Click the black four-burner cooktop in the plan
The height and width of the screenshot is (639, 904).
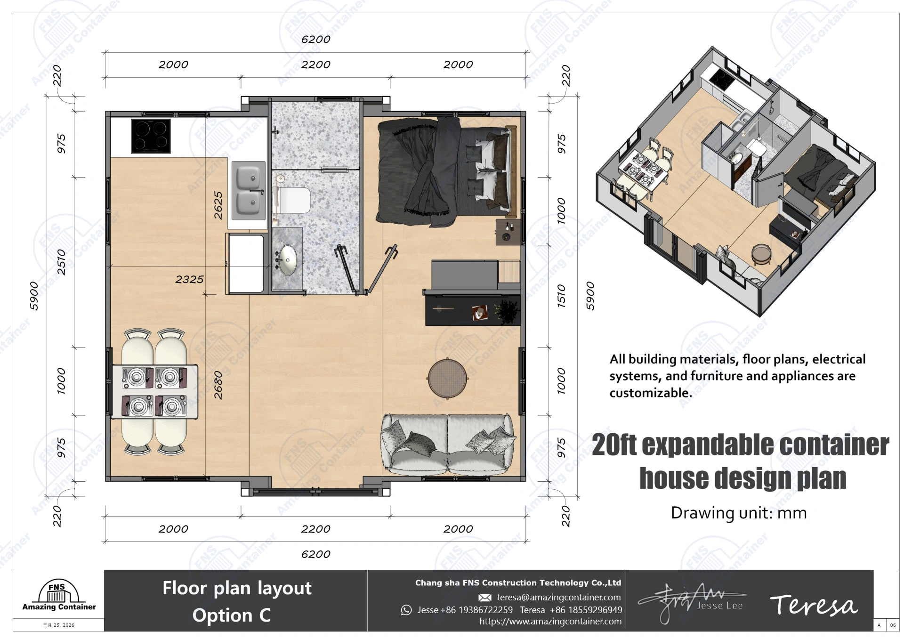151,136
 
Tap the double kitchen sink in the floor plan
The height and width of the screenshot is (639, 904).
248,190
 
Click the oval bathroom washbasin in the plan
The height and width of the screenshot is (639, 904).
288,259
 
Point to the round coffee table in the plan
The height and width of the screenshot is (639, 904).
448,378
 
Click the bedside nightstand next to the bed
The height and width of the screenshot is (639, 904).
508,232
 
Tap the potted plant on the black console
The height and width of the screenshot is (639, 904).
507,311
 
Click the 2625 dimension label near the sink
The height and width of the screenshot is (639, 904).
218,205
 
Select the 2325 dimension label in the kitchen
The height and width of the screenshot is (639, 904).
189,279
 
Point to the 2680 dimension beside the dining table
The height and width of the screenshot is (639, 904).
218,385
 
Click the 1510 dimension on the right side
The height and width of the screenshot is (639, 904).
561,296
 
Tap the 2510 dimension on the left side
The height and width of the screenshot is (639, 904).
62,262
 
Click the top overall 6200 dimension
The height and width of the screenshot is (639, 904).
315,40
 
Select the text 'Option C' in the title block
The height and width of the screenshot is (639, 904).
231,615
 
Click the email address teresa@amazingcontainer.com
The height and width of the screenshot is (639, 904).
558,597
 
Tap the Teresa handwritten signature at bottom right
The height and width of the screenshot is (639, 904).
814,606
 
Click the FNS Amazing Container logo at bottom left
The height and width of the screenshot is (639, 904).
58,596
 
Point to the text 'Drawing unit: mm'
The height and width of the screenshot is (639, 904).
738,513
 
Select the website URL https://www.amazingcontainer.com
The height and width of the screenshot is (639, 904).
550,621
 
